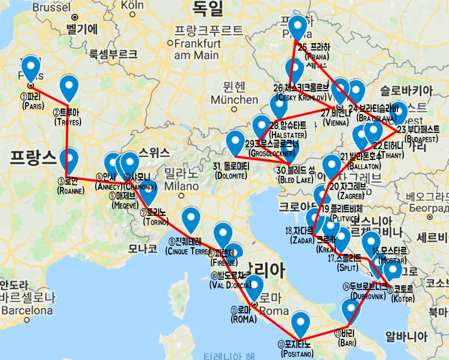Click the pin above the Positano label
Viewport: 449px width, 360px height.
pos(300,324)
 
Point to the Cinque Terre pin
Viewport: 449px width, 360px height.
pos(191,219)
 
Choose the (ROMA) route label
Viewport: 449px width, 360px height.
pos(244,319)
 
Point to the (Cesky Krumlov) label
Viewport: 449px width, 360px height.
pos(301,97)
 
